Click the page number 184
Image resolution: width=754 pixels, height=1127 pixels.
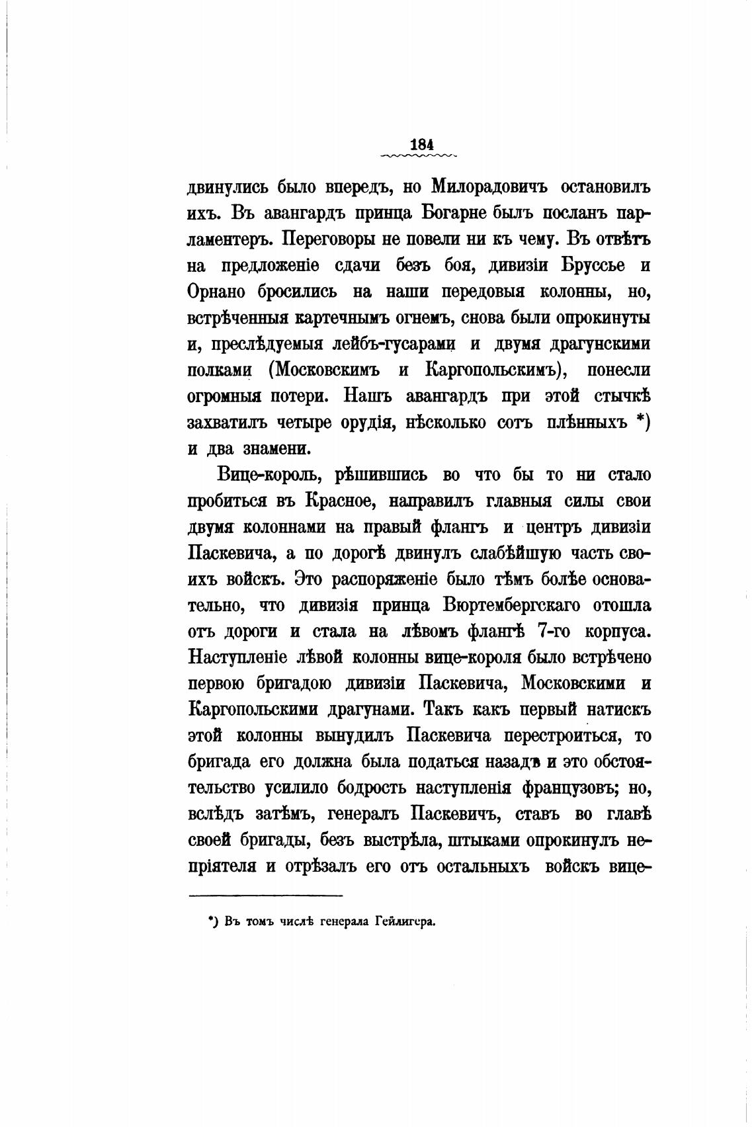pos(421,144)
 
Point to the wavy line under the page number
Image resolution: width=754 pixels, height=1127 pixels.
pos(421,157)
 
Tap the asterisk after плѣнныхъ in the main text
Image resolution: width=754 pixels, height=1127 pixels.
pos(638,421)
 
